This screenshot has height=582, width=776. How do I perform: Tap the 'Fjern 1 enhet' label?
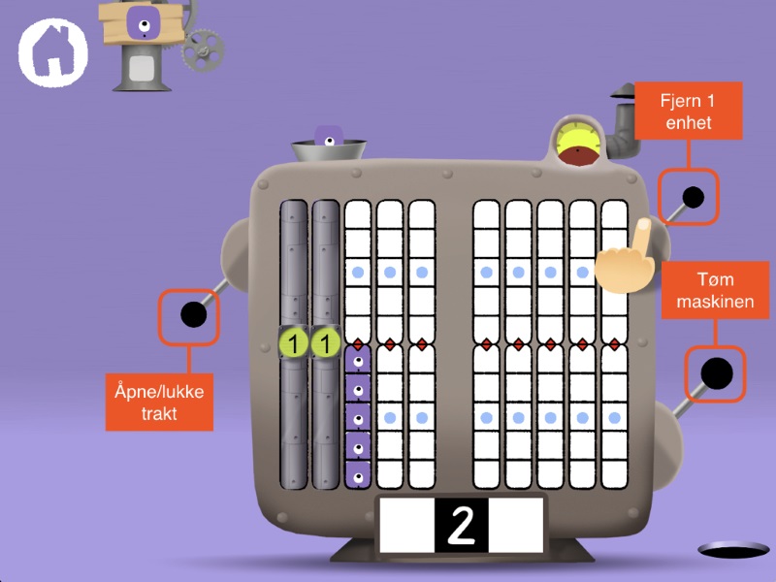[x=689, y=111]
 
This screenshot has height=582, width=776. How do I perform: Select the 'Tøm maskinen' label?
[x=715, y=289]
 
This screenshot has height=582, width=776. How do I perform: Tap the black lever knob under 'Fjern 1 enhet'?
[x=693, y=197]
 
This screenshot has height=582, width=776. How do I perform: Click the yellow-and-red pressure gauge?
[x=578, y=143]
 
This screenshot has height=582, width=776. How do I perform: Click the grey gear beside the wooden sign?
[x=203, y=48]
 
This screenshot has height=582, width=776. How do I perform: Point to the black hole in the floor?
[x=732, y=551]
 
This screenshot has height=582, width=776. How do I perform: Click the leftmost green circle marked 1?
[x=294, y=342]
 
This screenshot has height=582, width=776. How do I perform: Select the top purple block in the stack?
[x=358, y=362]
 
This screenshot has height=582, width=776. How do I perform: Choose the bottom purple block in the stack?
[x=358, y=475]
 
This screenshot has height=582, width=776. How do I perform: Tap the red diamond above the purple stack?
[x=358, y=344]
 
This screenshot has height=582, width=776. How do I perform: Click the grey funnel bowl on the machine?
[x=330, y=152]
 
